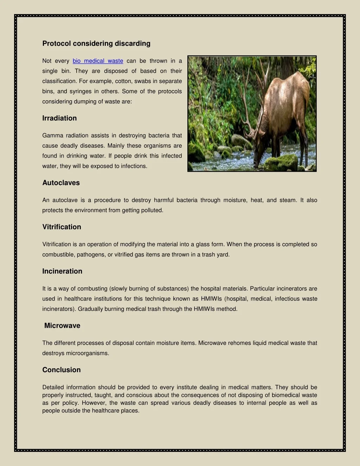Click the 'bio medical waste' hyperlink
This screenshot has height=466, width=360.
click(98, 61)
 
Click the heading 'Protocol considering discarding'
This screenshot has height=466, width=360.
click(96, 44)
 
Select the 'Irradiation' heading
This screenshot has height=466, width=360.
click(59, 118)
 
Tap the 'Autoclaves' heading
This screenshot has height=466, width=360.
click(61, 183)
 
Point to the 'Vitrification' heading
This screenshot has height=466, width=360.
click(62, 227)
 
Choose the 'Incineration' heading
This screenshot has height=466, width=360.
click(62, 272)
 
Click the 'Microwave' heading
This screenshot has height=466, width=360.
click(62, 326)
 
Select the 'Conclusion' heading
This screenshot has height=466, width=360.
click(62, 370)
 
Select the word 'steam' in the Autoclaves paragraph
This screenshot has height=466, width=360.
click(288, 200)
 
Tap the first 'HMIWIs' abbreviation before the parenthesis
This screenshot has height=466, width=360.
click(211, 299)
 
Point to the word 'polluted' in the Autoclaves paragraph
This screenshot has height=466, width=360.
click(152, 211)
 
